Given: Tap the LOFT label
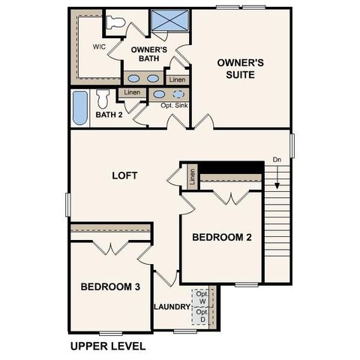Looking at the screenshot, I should click(x=124, y=175).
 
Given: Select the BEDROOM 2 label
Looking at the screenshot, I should click(x=221, y=238).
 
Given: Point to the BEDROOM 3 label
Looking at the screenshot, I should click(x=110, y=286).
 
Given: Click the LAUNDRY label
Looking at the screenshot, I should click(x=172, y=307).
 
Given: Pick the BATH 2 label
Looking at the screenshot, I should click(x=109, y=115).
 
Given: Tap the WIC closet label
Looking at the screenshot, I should click(x=99, y=46).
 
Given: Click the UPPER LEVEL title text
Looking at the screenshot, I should click(x=107, y=346).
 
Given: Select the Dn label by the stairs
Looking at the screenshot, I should click(x=277, y=159).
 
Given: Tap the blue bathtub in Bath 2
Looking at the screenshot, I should click(x=79, y=108).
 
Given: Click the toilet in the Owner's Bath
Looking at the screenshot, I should click(x=115, y=22).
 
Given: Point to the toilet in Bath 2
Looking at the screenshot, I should click(x=103, y=97).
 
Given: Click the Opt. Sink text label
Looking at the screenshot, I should click(x=175, y=106).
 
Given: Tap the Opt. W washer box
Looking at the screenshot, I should click(x=202, y=297).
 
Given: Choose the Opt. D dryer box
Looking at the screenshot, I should click(x=202, y=316).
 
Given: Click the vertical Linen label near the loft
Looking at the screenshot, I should click(x=193, y=177).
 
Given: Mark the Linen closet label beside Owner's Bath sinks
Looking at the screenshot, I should click(x=177, y=79).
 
